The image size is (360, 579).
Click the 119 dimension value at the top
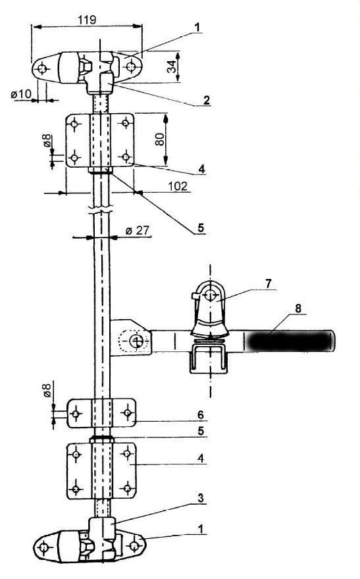pyautogui.click(x=87, y=19)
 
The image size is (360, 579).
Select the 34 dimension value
pyautogui.click(x=172, y=67)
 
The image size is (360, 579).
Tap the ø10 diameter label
pyautogui.click(x=22, y=94)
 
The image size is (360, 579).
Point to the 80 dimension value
pyautogui.click(x=160, y=139)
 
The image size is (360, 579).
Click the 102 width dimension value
pyautogui.click(x=178, y=186)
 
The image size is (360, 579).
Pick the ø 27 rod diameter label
pyautogui.click(x=138, y=230)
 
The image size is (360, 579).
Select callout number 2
pyautogui.click(x=206, y=100)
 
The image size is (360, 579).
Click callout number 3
pyautogui.click(x=201, y=498)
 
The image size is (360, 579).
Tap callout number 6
pyautogui.click(x=201, y=415)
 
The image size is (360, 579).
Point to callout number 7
pyautogui.click(x=268, y=284)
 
